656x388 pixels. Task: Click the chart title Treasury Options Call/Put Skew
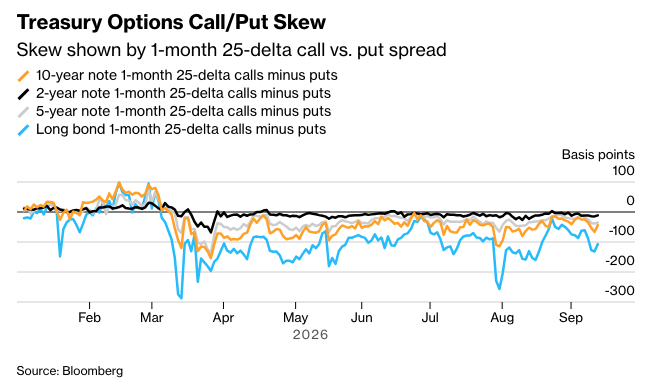point(171,22)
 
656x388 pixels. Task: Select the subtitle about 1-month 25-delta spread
point(231,50)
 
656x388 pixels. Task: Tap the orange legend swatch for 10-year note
point(23,76)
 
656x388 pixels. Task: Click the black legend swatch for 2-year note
point(23,94)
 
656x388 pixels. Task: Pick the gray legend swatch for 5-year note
point(23,112)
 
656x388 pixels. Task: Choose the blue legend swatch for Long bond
point(23,130)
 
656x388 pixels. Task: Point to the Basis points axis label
point(598,155)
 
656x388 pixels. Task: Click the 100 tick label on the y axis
point(623,171)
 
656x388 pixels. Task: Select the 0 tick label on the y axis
point(630,201)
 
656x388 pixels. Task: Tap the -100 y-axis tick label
point(621,231)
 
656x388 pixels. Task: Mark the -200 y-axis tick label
point(620,261)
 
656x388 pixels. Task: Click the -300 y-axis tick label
point(620,290)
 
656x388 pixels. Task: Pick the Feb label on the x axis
point(90,318)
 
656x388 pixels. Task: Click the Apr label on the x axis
point(223,318)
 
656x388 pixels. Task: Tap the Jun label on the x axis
point(361,318)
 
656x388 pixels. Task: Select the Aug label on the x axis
point(502,318)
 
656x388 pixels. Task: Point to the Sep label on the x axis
point(571,318)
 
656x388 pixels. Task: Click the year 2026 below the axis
point(310,335)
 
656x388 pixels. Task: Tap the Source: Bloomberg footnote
point(70,371)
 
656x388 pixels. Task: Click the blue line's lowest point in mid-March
point(181,298)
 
